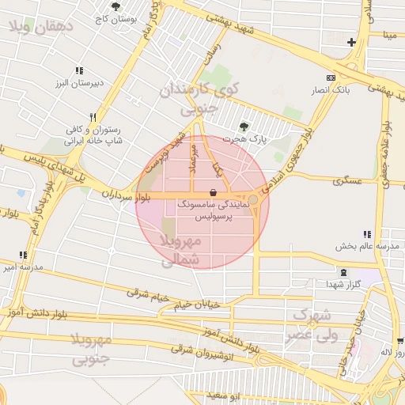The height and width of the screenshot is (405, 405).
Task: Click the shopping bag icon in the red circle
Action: [x=212, y=193]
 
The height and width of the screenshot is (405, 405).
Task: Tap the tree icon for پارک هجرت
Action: [x=244, y=127]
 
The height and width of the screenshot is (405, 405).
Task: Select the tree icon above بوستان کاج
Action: [x=116, y=6]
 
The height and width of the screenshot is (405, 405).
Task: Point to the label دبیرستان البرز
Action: [x=75, y=82]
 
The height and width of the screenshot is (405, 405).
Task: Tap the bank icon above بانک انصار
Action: [x=331, y=78]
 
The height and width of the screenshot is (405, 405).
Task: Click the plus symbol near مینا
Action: [x=351, y=42]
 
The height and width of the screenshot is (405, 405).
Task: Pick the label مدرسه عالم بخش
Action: [x=365, y=246]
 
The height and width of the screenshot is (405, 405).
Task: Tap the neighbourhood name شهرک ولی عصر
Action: [x=316, y=325]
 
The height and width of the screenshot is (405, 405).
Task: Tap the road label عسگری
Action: [x=348, y=181]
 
